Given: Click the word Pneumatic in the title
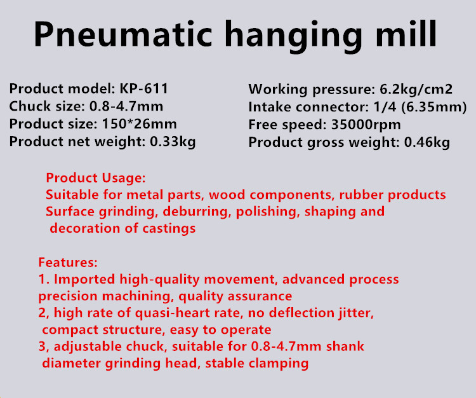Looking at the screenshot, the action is [123, 34].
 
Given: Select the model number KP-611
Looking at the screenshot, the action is [143, 89].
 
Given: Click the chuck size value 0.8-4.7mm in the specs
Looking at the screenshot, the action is [126, 106].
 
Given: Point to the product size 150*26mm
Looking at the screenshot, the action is [140, 124].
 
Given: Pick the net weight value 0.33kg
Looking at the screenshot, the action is [173, 142].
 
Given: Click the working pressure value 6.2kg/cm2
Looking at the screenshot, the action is [416, 90].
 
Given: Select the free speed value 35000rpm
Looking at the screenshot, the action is [366, 125].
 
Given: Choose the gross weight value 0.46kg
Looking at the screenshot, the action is [427, 142].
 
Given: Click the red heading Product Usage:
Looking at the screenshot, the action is [96, 178].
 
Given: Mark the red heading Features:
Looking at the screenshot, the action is [68, 262].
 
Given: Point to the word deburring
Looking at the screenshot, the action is [195, 212].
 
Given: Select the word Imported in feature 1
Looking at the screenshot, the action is [84, 280].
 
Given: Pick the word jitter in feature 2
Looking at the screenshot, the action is [356, 313].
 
